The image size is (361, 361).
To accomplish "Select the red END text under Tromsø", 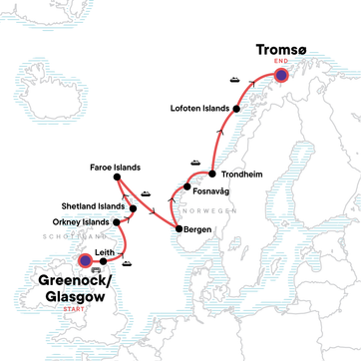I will coord(280,59).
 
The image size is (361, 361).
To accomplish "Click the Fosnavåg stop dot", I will coord(187,186).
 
